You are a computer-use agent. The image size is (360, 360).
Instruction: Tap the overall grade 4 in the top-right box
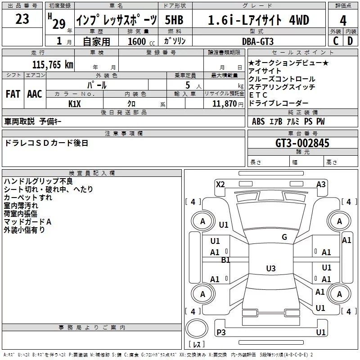coord(343,20)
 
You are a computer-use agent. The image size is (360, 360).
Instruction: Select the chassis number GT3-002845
coord(302,143)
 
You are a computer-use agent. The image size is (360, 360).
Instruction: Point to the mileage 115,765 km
coord(52,64)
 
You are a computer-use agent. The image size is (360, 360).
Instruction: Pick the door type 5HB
coord(174,20)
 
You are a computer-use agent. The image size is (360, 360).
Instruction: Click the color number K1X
coord(75,103)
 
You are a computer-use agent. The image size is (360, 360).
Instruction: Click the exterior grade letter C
coord(335,41)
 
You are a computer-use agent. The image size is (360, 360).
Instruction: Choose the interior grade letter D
coord(350,41)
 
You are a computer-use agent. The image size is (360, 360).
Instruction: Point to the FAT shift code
coord(13,94)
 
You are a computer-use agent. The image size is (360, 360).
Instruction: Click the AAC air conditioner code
coord(35,94)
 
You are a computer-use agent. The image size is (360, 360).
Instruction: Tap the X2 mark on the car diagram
coord(220,184)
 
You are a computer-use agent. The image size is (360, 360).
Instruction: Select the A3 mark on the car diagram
coord(321,184)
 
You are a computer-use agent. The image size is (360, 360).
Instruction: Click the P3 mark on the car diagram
coord(221,332)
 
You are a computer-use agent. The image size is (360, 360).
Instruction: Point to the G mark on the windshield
coord(284,237)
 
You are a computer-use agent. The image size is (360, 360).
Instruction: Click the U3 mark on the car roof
coord(270,269)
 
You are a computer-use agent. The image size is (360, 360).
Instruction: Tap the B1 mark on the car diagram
coord(225,260)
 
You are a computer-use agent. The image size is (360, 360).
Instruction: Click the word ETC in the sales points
coord(258,95)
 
